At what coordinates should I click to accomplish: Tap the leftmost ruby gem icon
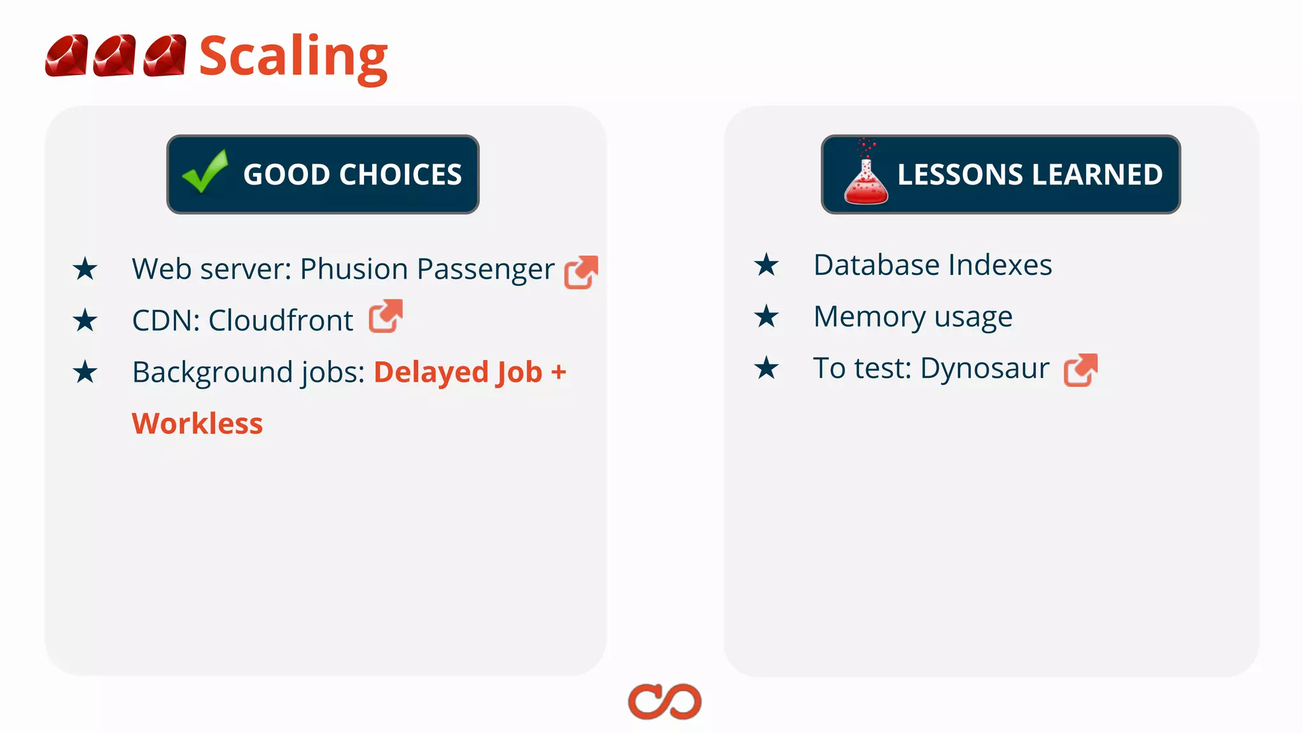point(66,56)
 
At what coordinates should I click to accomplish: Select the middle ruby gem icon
point(115,56)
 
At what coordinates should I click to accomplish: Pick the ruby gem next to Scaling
point(165,56)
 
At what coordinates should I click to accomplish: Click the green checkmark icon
point(205,171)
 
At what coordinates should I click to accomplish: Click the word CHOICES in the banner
point(401,174)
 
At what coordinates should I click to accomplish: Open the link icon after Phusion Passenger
point(581,272)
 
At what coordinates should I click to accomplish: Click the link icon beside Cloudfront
point(386,316)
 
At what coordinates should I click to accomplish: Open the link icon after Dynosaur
point(1080,370)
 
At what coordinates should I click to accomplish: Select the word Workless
point(197,424)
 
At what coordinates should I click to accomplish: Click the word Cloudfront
point(281,320)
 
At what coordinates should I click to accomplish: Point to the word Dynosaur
point(984,368)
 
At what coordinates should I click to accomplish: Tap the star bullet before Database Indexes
point(767,265)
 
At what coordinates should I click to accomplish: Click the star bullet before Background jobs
point(85,372)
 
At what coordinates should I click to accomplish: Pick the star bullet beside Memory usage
point(767,316)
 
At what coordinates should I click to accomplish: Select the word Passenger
point(485,270)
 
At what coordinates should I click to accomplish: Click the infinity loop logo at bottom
point(664,702)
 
